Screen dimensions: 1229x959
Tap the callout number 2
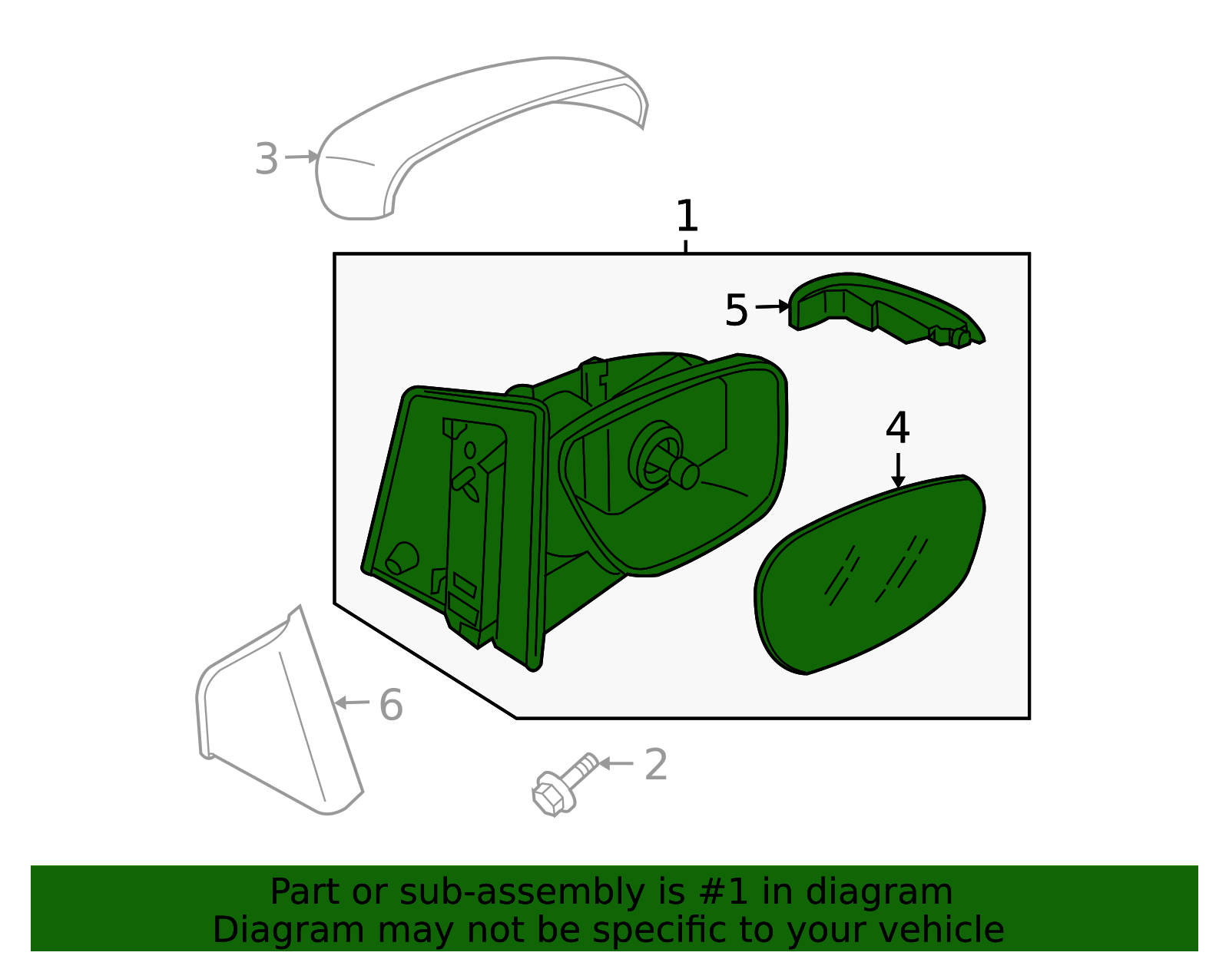pos(655,765)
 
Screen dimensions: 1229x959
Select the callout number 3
pos(267,158)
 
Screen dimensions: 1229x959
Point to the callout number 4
pos(898,428)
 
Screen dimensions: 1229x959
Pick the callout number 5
pos(736,309)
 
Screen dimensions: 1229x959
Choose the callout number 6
pos(391,705)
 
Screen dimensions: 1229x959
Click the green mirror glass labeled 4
pos(870,574)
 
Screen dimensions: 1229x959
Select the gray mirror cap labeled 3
pos(482,138)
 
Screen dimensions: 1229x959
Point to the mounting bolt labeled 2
pos(565,785)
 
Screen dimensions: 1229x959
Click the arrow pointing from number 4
pos(898,470)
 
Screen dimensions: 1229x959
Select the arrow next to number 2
pos(615,763)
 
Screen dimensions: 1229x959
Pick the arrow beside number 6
pos(352,703)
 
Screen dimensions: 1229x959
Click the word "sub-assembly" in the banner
pos(522,893)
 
